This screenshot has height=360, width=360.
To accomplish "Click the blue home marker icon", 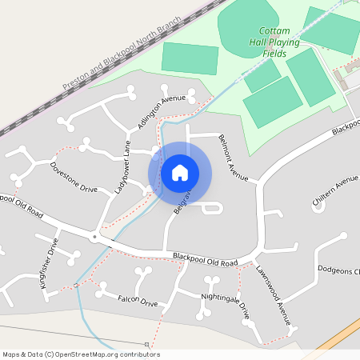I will pyautogui.click(x=180, y=173).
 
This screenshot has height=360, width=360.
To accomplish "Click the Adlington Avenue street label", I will pyautogui.click(x=161, y=112).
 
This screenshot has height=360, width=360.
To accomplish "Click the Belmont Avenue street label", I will pyautogui.click(x=234, y=157).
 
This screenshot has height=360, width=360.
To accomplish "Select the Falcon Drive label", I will pyautogui.click(x=138, y=300).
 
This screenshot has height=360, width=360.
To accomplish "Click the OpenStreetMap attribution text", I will pyautogui.click(x=80, y=354).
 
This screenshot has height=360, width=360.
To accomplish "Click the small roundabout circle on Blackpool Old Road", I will pyautogui.click(x=94, y=237).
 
